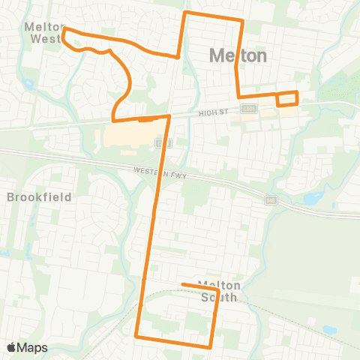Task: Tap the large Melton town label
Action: [238, 56]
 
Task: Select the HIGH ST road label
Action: [212, 112]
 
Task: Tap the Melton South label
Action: [218, 292]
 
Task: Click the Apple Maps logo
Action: [27, 347]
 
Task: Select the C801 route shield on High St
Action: [248, 109]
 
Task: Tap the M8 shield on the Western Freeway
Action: [271, 200]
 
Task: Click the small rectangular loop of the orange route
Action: [287, 98]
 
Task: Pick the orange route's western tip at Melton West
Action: [64, 32]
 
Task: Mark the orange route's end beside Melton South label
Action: [183, 284]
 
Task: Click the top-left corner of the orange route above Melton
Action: [186, 13]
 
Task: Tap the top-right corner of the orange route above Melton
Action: [242, 20]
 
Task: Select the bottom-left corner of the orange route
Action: [136, 336]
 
